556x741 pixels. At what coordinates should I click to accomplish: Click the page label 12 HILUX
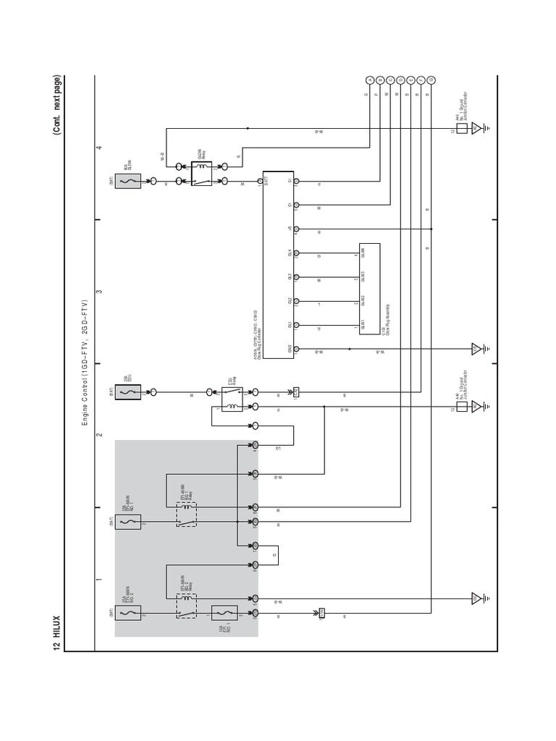pyautogui.click(x=56, y=630)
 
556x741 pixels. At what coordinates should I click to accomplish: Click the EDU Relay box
pyautogui.click(x=231, y=399)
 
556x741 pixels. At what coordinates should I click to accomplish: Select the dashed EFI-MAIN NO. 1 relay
pyautogui.click(x=188, y=515)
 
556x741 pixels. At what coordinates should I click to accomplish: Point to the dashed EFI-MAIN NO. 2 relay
pyautogui.click(x=188, y=607)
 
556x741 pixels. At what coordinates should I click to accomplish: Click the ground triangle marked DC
pyautogui.click(x=476, y=129)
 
